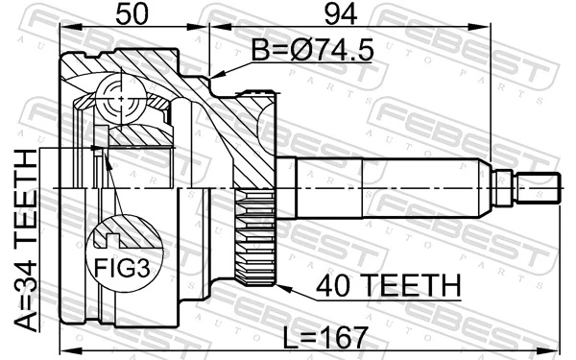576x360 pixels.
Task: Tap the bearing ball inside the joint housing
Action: click(117, 96)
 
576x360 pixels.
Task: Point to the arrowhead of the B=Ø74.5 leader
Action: click(213, 76)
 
